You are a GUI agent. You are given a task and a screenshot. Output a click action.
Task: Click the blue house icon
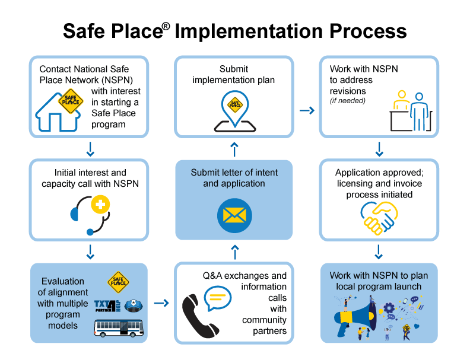tap(58, 113)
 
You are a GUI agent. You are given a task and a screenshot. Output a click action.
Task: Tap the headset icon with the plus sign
tap(93, 214)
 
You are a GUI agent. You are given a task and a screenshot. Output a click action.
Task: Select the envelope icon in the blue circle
tap(234, 215)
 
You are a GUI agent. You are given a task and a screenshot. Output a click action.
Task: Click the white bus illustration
tap(119, 327)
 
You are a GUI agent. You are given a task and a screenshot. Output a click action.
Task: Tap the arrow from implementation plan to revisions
tap(307, 110)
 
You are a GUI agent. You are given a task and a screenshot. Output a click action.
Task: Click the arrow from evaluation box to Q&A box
tap(161, 303)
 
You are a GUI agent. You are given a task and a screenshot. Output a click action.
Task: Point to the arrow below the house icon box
tap(90, 149)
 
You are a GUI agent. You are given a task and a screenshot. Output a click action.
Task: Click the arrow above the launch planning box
tap(379, 251)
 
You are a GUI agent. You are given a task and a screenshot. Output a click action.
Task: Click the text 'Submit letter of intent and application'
tap(234, 178)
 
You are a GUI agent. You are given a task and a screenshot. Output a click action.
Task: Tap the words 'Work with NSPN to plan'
tap(379, 276)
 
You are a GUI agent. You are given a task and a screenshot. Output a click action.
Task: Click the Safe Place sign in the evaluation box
tap(118, 282)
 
